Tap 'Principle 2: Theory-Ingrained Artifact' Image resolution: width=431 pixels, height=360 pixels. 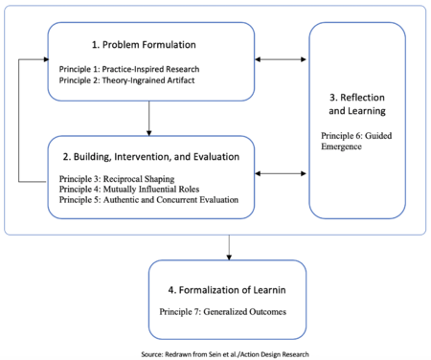click(119, 81)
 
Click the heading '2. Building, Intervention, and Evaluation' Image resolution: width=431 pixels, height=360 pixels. click(151, 156)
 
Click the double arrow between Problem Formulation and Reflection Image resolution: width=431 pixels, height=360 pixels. click(283, 60)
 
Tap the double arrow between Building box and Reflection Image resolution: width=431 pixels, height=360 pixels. click(283, 173)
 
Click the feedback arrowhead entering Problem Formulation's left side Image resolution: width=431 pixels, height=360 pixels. click(44, 59)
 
